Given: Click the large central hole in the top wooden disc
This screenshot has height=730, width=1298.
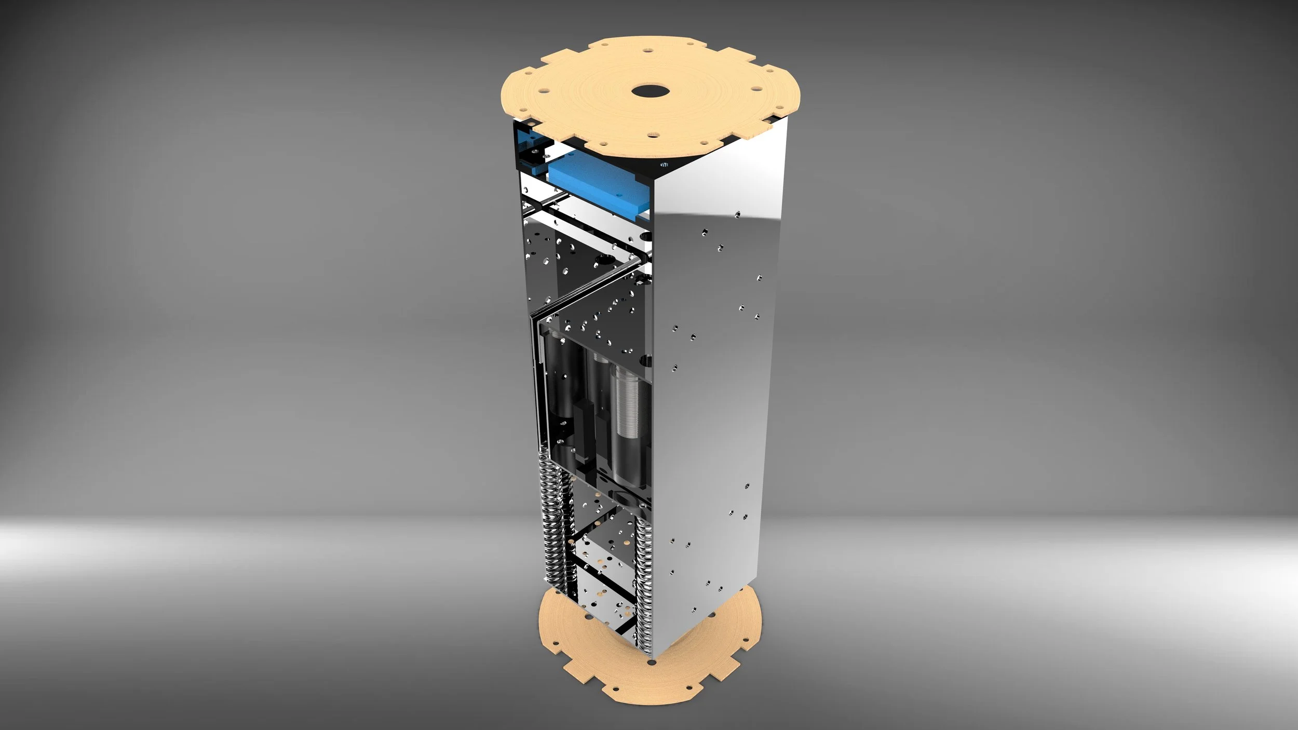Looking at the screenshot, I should [649, 91].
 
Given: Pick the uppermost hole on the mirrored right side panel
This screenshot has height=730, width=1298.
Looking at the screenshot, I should [737, 213].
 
